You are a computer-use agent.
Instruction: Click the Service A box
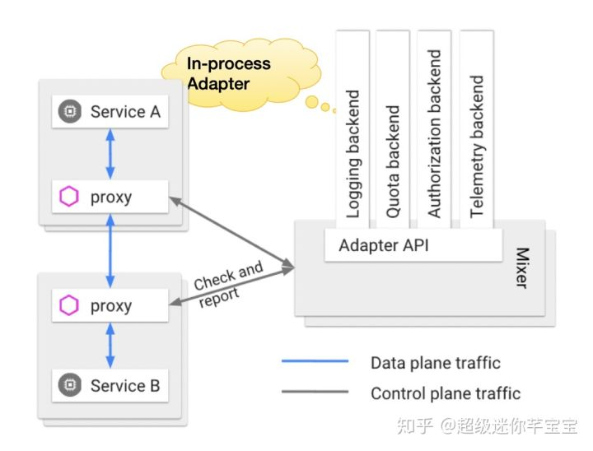click(x=110, y=112)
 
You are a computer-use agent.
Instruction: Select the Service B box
click(x=110, y=384)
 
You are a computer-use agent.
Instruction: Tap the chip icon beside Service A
click(x=69, y=112)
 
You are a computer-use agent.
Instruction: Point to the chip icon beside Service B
click(x=69, y=384)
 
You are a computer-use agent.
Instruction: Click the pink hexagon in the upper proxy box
click(x=69, y=198)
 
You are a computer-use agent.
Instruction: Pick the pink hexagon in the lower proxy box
click(x=69, y=306)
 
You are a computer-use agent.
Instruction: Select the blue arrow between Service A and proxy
click(x=110, y=154)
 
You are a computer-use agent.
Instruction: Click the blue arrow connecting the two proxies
click(x=110, y=251)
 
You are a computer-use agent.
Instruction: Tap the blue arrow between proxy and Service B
click(x=110, y=345)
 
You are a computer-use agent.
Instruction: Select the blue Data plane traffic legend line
click(x=315, y=362)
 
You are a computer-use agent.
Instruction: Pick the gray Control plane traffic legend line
click(x=315, y=393)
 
